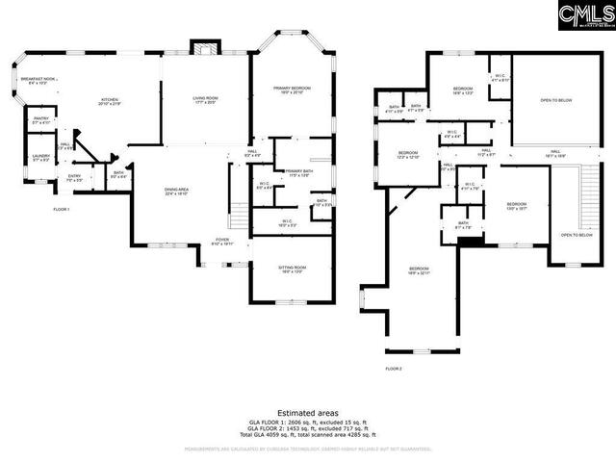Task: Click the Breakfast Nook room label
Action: [x=41, y=81]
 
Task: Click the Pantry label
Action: [x=41, y=121]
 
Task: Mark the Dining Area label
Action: [x=175, y=192]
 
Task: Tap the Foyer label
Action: [x=222, y=242]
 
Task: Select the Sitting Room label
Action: [x=279, y=269]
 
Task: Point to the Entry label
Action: [x=74, y=178]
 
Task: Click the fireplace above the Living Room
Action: [x=203, y=48]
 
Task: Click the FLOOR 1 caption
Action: [x=61, y=209]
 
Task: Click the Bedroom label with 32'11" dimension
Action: [x=418, y=270]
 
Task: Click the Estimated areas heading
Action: [x=307, y=413]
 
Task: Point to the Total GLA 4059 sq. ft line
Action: [x=307, y=436]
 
